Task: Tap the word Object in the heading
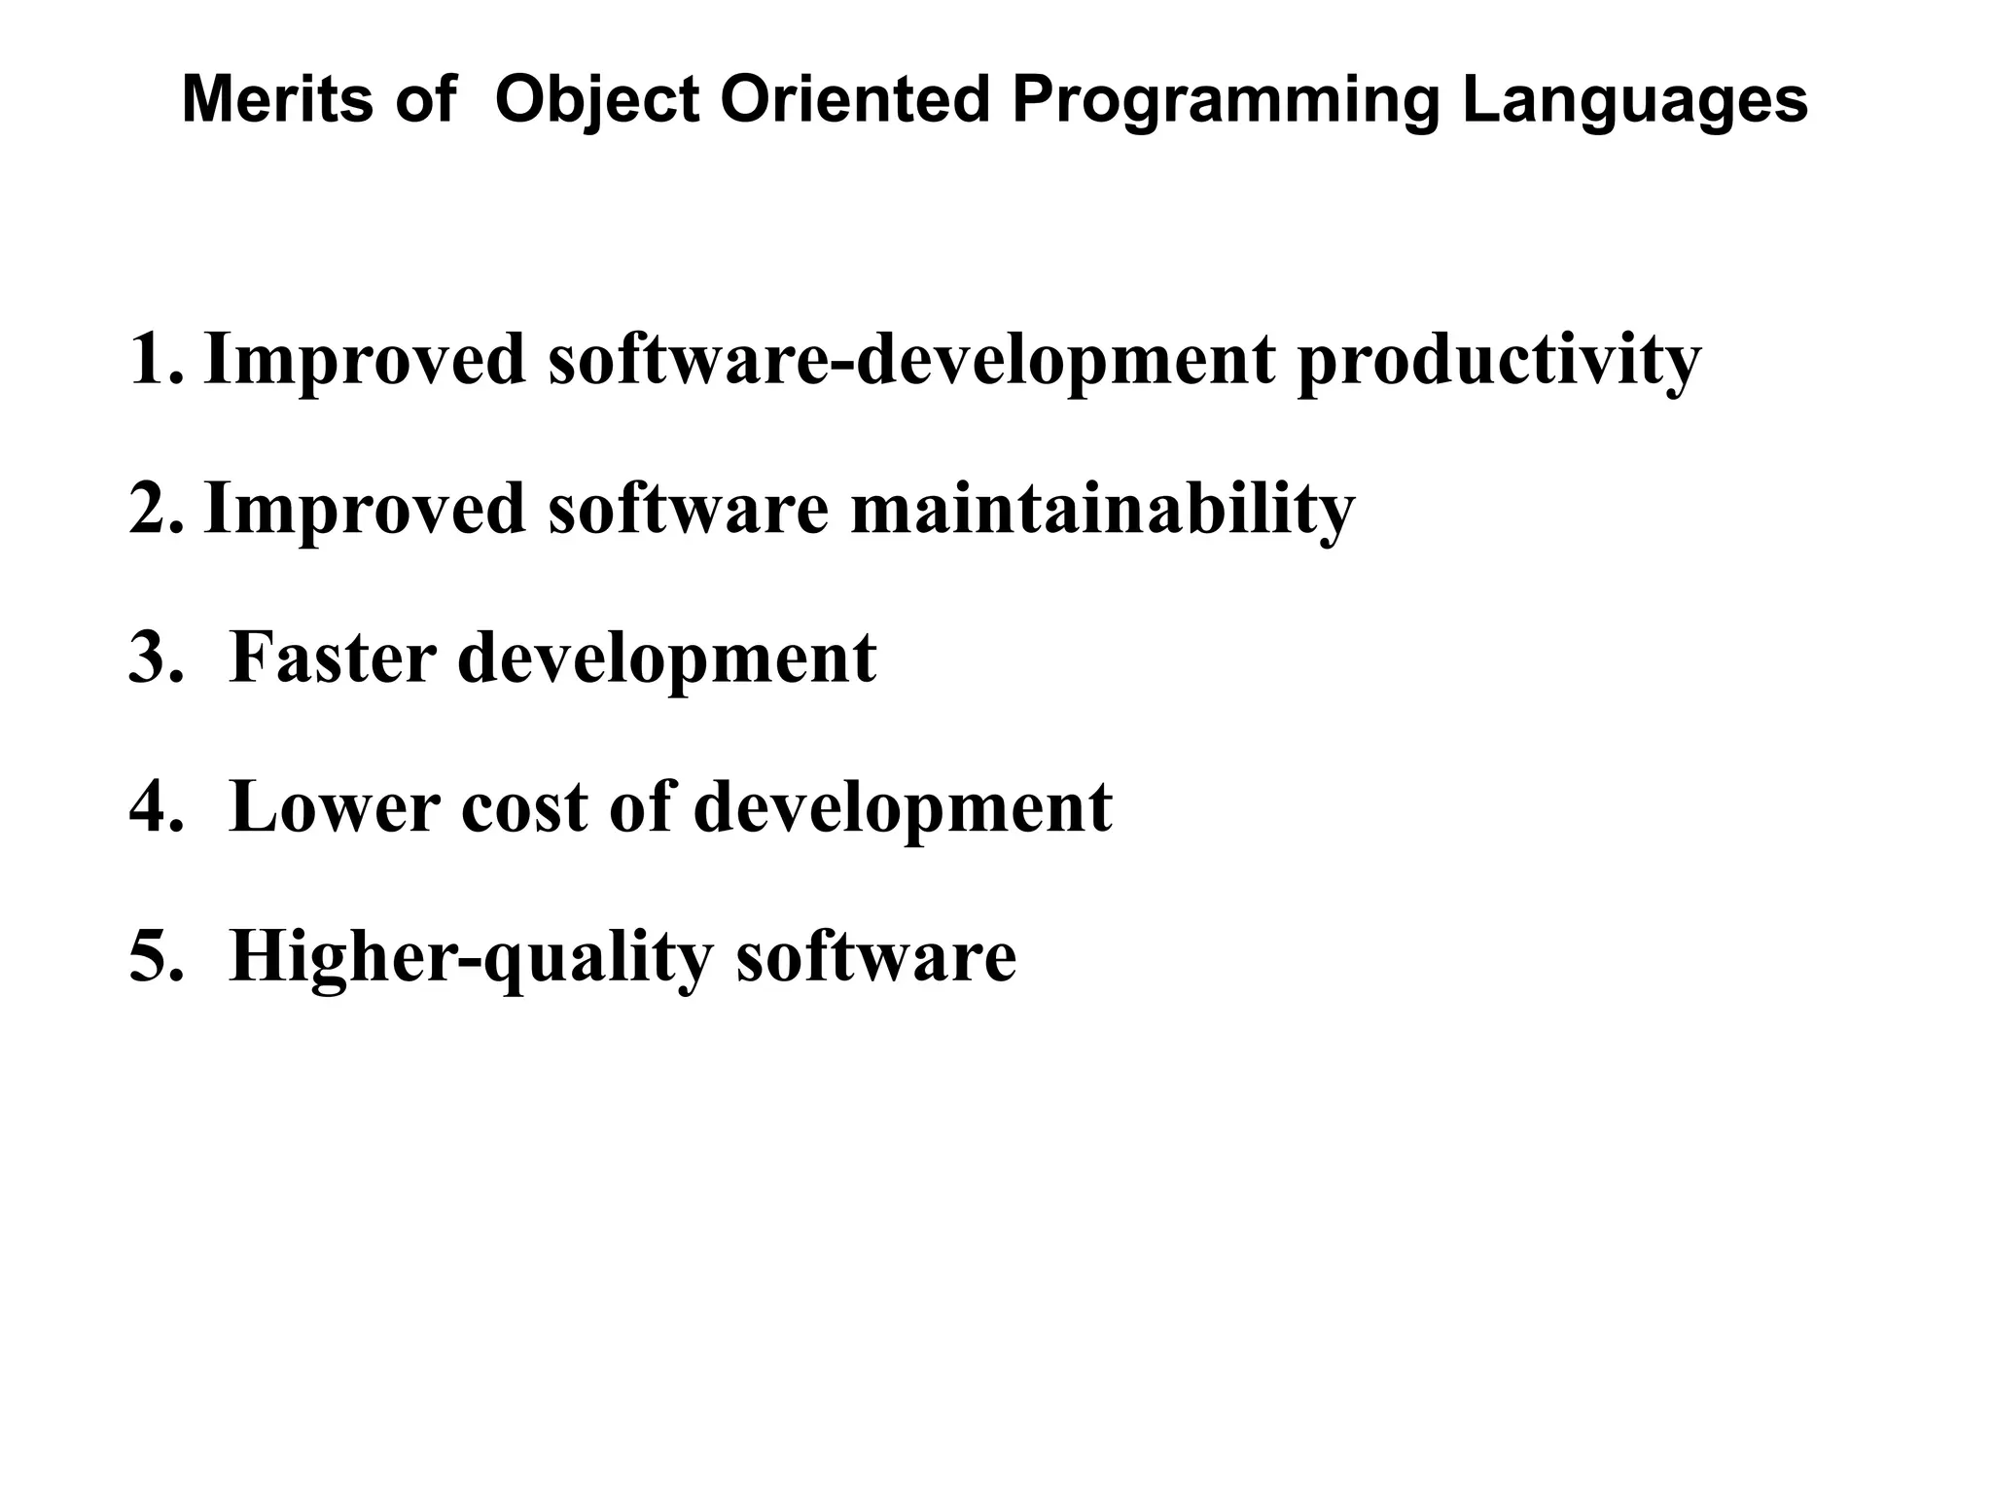596,102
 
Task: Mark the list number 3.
156,658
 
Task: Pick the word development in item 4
902,809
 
